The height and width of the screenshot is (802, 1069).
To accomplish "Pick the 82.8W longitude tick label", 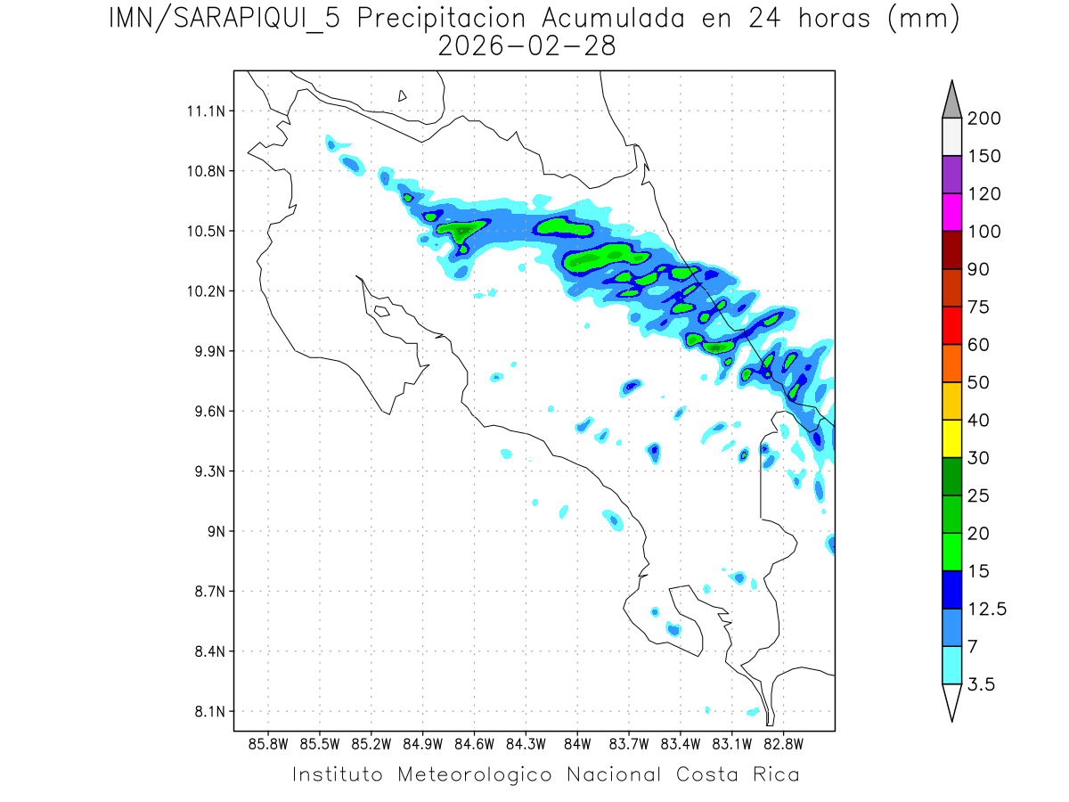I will click(783, 743).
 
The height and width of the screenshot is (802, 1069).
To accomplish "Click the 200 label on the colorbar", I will click(983, 119).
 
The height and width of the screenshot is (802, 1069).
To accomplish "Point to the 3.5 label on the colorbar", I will click(980, 684).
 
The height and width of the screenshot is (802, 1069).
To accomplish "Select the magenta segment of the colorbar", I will click(951, 213).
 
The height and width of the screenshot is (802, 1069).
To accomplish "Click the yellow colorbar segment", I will click(951, 438).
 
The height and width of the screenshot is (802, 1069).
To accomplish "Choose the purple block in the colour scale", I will click(951, 175).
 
